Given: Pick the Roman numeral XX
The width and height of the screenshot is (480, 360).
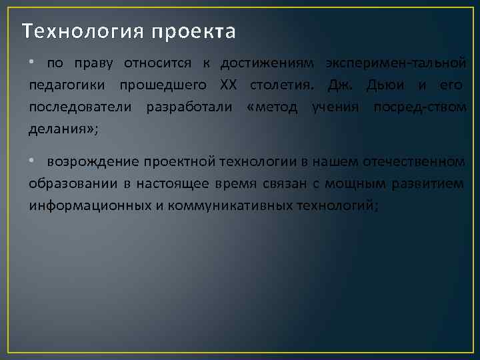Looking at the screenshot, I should click(228, 85).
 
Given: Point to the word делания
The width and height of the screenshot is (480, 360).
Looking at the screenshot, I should click(61, 129).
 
